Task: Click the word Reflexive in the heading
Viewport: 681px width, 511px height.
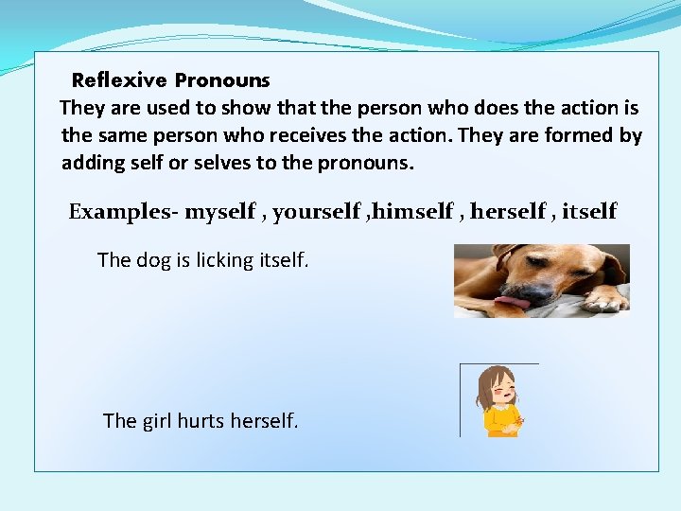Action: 119,80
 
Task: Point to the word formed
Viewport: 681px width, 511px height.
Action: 580,135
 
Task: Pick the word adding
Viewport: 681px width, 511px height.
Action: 90,163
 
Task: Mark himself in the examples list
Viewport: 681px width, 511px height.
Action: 412,212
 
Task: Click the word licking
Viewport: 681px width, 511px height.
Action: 225,259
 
